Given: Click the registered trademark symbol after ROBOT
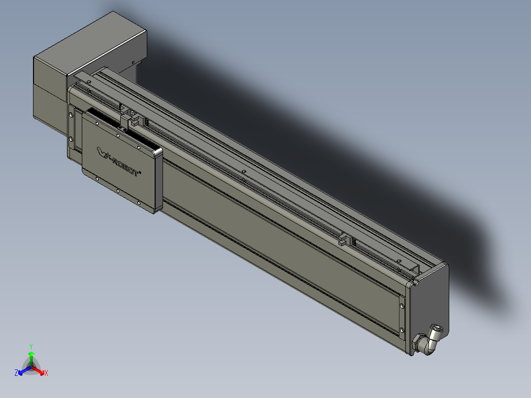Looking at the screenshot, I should coord(142,172).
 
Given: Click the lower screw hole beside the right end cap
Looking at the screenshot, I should coord(402,330).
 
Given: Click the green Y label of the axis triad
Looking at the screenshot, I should coord(31,346).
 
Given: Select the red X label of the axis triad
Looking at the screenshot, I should coord(46,373).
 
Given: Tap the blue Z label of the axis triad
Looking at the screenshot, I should coord(16,373).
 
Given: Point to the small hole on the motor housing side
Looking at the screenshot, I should coord(133,62).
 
